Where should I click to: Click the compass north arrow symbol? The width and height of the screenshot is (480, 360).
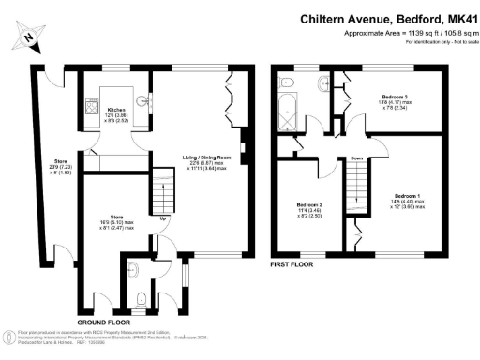pos(30,37)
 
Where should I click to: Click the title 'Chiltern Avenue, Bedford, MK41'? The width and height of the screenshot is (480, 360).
pos(391,18)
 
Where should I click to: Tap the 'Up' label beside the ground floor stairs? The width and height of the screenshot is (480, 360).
pos(165,219)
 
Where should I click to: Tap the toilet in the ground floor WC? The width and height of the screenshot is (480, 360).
pos(141,299)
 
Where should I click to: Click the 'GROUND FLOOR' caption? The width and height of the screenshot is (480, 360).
pos(103,322)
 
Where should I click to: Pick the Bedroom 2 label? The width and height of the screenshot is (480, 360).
pos(310,209)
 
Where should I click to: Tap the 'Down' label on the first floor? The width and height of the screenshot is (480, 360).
pos(357,158)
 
